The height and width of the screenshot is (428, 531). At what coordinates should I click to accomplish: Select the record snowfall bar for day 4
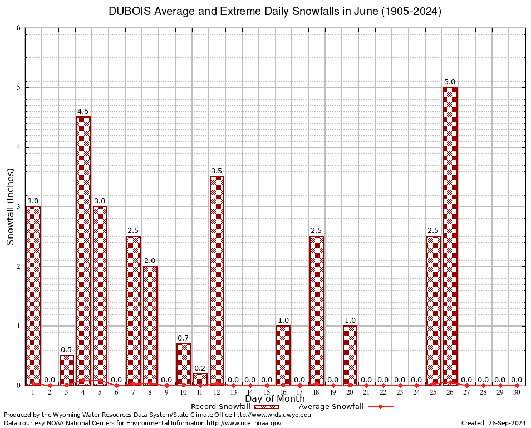point(83,251)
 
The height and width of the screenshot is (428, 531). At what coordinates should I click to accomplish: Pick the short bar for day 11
point(200,380)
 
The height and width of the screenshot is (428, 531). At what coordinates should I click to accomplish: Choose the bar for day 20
point(350,355)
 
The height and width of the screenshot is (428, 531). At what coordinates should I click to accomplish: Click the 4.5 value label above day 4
point(83,111)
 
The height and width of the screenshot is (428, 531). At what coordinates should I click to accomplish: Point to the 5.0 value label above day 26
point(450,82)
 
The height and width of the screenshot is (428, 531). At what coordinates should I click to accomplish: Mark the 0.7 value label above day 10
point(183,338)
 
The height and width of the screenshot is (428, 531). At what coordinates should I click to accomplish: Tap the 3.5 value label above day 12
point(217,171)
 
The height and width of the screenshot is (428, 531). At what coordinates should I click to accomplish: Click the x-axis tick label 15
point(267,392)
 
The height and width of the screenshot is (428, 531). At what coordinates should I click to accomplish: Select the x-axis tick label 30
point(517,392)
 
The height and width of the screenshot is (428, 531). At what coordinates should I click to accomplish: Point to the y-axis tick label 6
point(18,28)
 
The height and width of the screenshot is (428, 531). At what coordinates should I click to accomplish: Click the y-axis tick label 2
point(18,266)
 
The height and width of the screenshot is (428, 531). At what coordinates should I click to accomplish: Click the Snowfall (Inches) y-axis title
point(10,207)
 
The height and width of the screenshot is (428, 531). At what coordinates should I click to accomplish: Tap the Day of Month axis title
point(275,399)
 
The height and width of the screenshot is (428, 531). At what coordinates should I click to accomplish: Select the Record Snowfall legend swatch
point(267,407)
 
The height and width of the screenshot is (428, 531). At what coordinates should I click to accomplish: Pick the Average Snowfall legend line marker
point(381,407)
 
